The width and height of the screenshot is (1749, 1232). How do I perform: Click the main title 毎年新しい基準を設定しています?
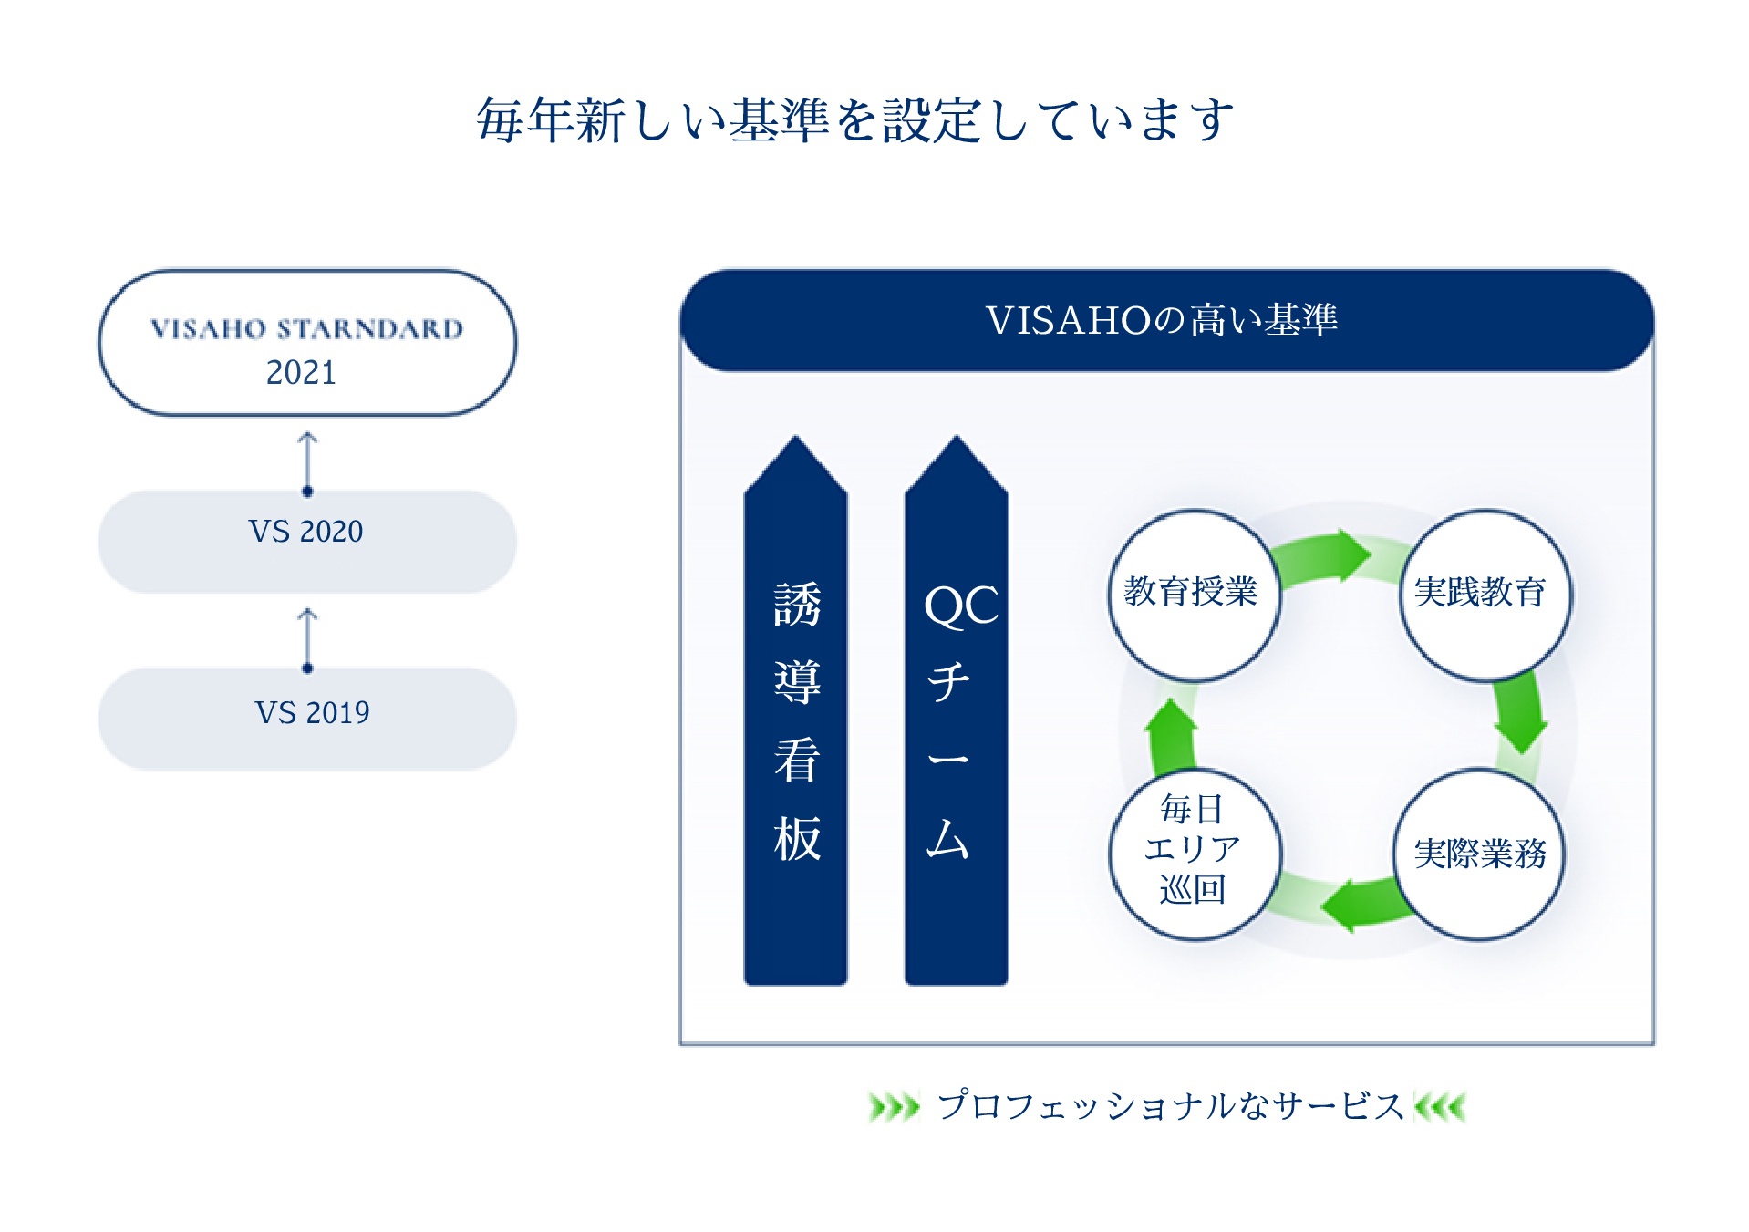(855, 120)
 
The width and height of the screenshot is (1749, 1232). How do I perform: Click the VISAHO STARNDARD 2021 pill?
(307, 343)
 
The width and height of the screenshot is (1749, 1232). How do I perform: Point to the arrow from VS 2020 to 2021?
(307, 463)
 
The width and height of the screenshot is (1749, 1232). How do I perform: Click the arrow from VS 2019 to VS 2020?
(307, 640)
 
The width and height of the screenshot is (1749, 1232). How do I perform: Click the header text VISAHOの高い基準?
(1162, 320)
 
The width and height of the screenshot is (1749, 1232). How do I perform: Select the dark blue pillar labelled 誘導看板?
(796, 720)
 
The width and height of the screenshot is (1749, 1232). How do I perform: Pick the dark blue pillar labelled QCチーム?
(957, 720)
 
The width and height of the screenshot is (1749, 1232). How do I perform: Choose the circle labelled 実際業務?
(1479, 854)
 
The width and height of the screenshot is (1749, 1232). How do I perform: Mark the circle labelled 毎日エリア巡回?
(1193, 854)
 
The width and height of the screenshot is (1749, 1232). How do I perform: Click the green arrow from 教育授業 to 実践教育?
(1324, 556)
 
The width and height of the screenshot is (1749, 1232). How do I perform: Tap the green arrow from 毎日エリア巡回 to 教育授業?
(1171, 735)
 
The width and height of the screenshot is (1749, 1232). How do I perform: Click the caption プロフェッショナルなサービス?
(1170, 1106)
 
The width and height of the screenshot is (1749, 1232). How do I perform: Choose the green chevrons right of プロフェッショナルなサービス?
(1441, 1107)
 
